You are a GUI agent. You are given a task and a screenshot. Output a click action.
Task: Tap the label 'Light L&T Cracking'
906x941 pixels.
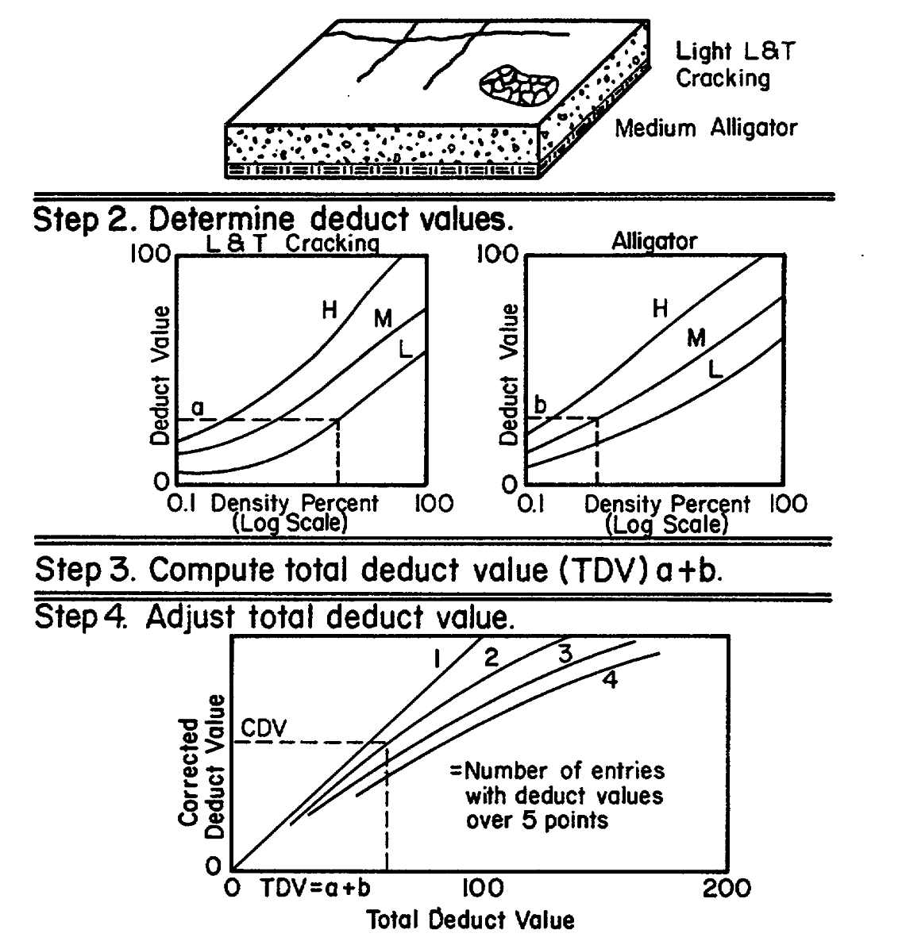click(x=734, y=65)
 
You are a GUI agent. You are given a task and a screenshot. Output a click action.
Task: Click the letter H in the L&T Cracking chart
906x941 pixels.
click(x=330, y=310)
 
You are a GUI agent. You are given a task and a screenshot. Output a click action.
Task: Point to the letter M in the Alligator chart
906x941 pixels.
click(x=696, y=338)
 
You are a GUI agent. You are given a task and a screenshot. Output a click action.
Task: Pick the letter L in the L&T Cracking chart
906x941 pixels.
click(x=405, y=350)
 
